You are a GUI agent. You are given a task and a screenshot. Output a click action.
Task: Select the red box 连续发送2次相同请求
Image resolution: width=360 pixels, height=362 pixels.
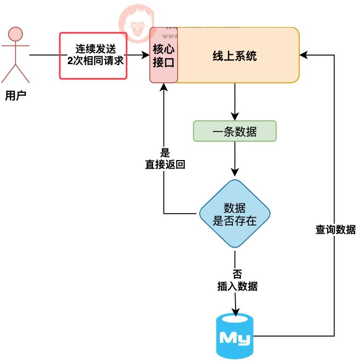[x=93, y=56]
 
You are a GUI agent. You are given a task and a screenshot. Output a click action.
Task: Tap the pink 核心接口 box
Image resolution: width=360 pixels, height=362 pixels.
[x=164, y=56]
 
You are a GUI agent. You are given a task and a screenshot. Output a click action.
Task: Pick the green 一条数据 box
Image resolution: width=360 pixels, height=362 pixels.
[x=235, y=131]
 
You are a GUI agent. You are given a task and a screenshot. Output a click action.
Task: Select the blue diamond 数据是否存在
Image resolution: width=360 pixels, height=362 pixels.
[x=235, y=214]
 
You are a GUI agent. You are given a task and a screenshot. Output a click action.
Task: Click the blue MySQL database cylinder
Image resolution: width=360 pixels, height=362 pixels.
[x=235, y=336]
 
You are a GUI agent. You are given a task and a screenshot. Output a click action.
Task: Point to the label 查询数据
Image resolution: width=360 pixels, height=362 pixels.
[x=335, y=230]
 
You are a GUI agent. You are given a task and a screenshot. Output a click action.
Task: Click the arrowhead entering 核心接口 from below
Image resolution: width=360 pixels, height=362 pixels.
[x=163, y=88]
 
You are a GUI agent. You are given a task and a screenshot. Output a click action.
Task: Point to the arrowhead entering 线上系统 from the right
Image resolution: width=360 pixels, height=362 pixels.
[x=303, y=55]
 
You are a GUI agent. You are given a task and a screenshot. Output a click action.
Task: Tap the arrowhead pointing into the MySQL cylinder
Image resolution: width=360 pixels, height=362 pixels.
[x=235, y=311]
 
